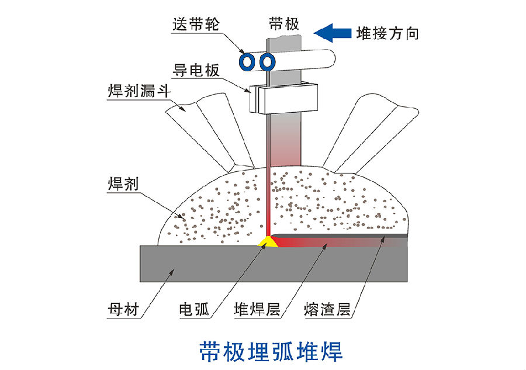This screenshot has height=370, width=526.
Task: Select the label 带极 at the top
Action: (283, 23)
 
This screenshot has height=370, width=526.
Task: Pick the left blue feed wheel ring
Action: (248, 61)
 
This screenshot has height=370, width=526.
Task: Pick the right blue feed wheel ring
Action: (267, 61)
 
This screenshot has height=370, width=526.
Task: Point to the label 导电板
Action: (196, 71)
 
